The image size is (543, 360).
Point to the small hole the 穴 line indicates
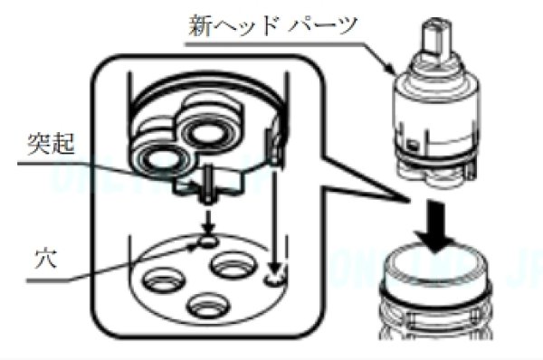point(206,242)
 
